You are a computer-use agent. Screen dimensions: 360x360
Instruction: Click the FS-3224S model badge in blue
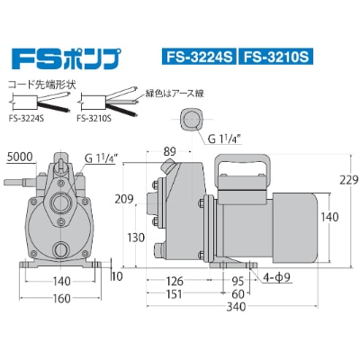click(x=199, y=57)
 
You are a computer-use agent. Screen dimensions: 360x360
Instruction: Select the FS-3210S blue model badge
click(x=275, y=57)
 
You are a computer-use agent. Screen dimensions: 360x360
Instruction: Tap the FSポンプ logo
click(x=67, y=58)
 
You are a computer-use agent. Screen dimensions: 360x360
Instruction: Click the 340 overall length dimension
click(x=236, y=307)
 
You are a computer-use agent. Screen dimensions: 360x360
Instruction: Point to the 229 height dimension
click(x=349, y=180)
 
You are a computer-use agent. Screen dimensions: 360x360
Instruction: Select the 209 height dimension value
click(x=124, y=199)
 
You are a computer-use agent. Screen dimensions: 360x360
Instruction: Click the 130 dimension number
click(x=136, y=238)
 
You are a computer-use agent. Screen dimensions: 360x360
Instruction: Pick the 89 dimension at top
click(x=170, y=151)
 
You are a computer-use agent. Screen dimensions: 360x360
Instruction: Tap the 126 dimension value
click(x=175, y=282)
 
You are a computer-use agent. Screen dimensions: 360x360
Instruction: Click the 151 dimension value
click(x=174, y=294)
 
